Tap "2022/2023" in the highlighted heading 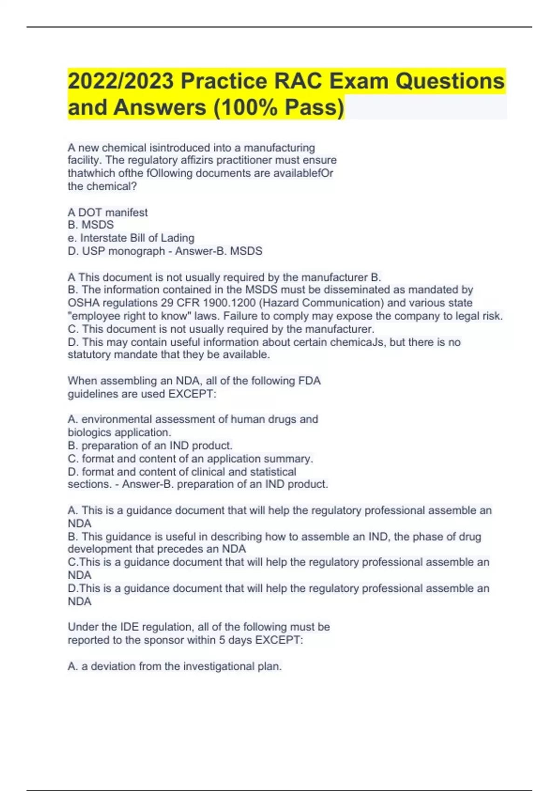(121, 81)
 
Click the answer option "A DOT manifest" (108, 213)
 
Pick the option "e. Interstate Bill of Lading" (131, 238)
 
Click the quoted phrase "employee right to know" (128, 316)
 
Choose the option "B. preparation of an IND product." (150, 446)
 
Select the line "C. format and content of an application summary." (190, 459)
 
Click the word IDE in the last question (129, 627)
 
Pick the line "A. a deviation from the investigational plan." (175, 666)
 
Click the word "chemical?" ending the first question (102, 187)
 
